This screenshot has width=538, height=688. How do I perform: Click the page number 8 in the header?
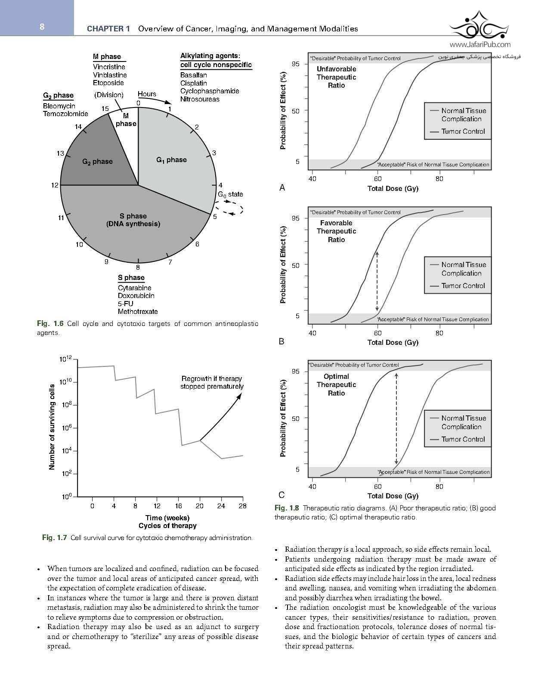coord(42,27)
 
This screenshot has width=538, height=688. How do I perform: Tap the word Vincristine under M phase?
coord(109,67)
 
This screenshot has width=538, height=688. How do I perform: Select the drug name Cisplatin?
coord(193,83)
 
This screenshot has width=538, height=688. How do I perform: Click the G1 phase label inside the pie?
coord(171,160)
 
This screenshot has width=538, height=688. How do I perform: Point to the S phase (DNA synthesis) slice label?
coord(133,220)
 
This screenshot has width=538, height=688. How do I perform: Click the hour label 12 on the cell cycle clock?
coord(55,185)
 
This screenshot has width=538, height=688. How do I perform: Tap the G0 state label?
coord(230,194)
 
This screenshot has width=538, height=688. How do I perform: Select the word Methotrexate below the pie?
coord(138,311)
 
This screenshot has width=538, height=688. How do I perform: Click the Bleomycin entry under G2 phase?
coord(59,106)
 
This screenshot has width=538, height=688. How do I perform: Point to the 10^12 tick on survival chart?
coord(68,359)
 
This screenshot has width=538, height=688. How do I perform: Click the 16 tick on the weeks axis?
coord(179,506)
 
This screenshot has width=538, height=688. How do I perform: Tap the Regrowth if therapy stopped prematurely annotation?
coord(212,382)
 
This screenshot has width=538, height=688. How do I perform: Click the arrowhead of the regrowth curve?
coord(239,395)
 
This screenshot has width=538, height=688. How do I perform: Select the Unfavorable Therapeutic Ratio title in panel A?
coord(336,77)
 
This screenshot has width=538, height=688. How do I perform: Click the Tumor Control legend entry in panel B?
coord(463,286)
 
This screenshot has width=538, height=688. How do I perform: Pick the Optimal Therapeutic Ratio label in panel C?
coord(336,384)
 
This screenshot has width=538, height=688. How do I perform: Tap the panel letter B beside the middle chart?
coord(281,341)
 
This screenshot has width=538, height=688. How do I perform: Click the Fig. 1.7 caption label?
coord(54,537)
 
